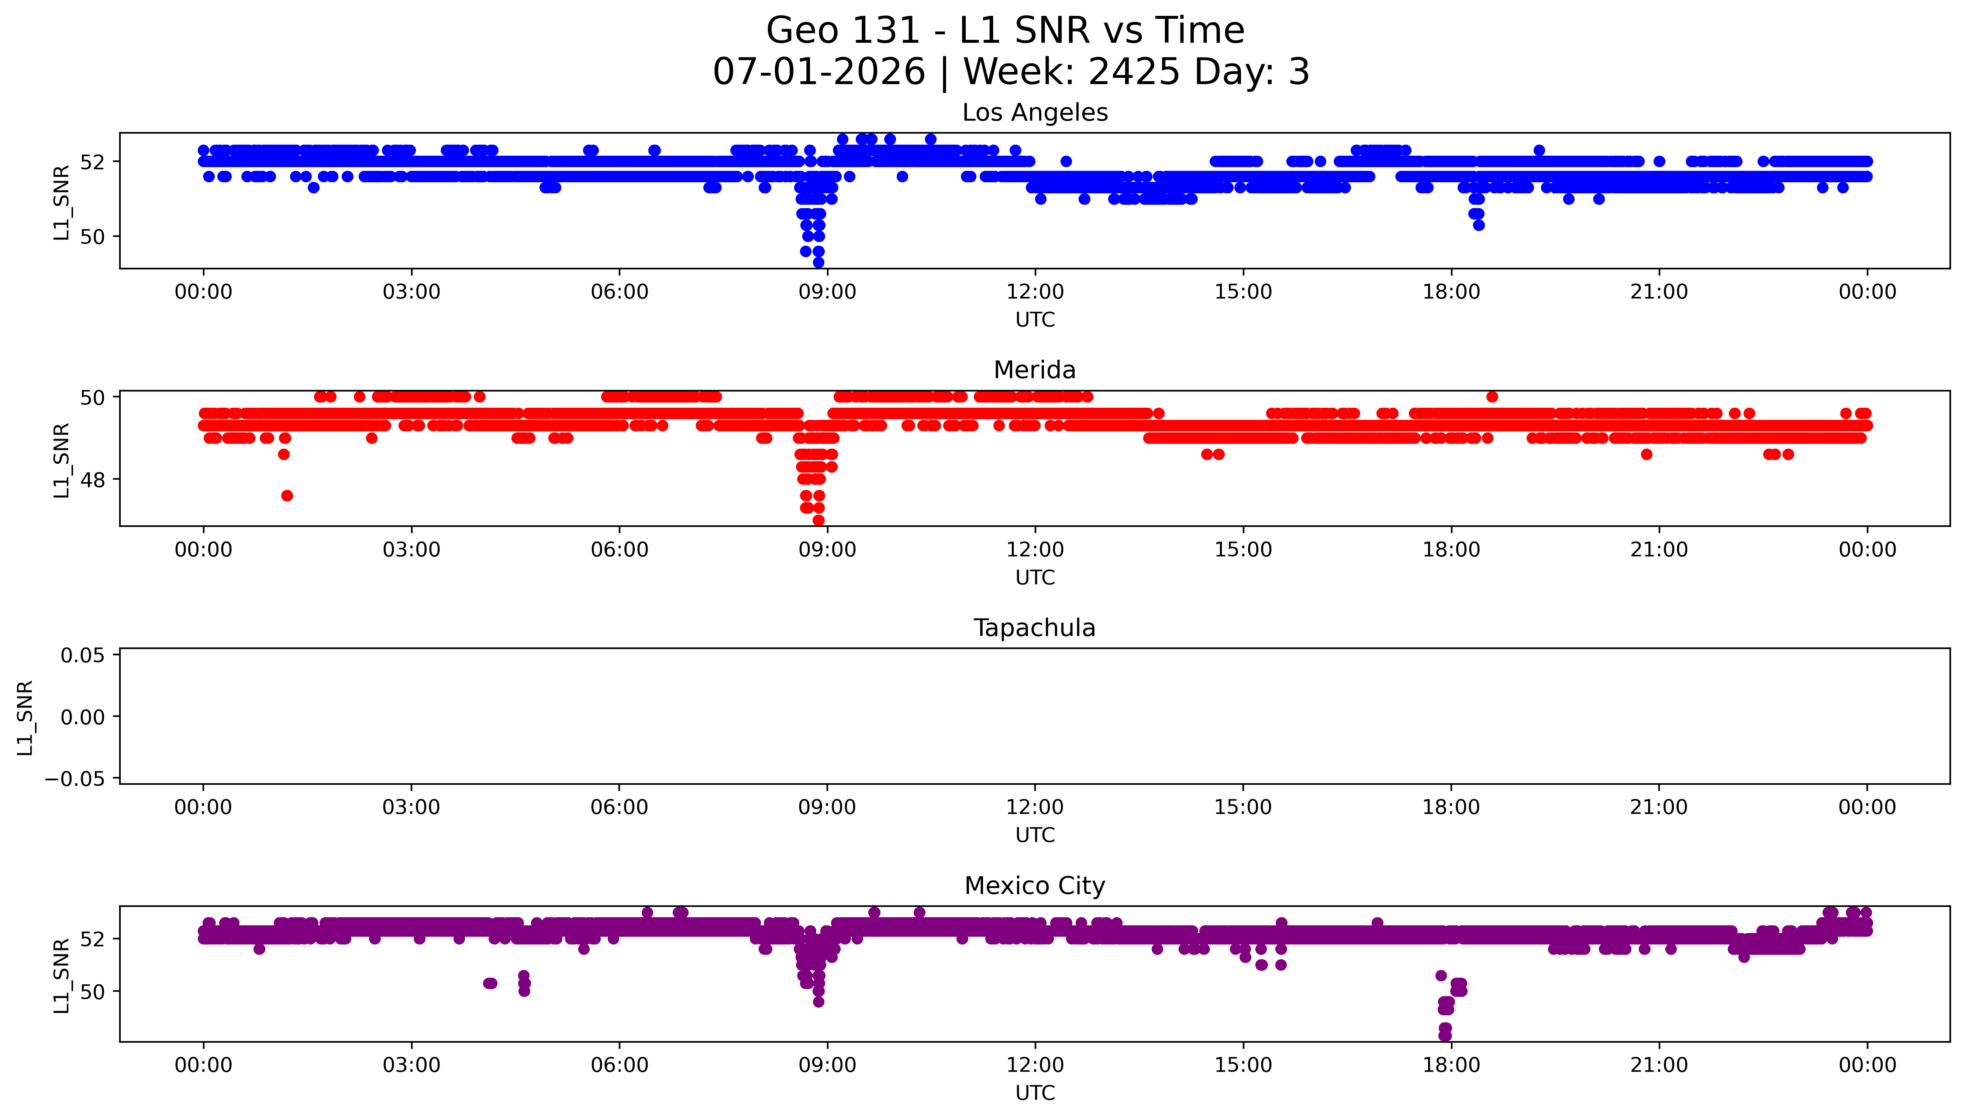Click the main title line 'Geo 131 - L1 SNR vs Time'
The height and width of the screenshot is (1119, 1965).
coord(1005,31)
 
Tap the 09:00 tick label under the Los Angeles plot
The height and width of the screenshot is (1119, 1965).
coord(827,292)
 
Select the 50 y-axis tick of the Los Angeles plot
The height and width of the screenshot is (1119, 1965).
coord(92,237)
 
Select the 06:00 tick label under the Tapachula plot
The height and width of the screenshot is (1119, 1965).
coord(620,808)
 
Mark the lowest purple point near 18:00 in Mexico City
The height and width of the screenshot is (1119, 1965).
coord(1445,1035)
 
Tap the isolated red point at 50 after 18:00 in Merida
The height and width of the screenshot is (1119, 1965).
coord(1492,397)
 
